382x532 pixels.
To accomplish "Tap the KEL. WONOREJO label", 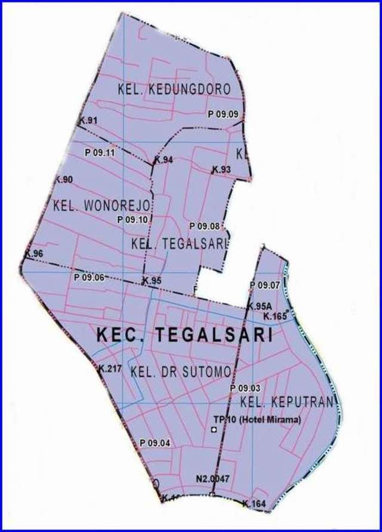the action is [x=103, y=206].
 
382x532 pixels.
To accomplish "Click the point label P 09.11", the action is [x=100, y=152].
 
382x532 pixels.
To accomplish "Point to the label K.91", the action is [x=88, y=121].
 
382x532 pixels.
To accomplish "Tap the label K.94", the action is [x=164, y=160].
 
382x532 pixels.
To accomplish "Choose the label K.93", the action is [x=221, y=170].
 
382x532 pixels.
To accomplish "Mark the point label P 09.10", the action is [x=133, y=219].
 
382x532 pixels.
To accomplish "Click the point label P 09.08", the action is [x=205, y=226].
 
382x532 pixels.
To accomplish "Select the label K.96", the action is [x=34, y=253].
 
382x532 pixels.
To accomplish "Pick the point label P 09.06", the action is [x=89, y=277].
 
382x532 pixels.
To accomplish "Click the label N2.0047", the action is [x=212, y=479].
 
